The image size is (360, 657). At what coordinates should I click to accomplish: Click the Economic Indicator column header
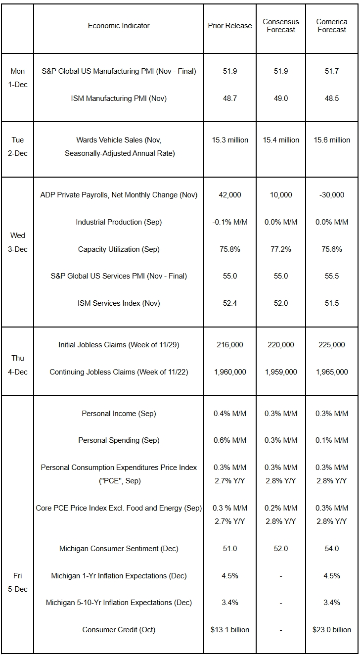(119, 26)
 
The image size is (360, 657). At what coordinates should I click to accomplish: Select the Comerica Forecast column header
(332, 26)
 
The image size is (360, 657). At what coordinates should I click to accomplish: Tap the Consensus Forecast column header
(281, 26)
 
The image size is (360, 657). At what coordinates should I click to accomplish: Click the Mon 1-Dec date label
(18, 78)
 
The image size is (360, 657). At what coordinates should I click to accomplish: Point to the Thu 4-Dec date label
(18, 365)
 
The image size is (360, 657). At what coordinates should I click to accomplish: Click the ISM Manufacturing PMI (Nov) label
(119, 98)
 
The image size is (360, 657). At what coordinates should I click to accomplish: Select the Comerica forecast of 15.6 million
(332, 140)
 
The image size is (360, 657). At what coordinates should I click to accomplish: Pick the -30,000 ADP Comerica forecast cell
(332, 195)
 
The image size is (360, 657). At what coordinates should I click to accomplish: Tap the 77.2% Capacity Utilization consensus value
(281, 249)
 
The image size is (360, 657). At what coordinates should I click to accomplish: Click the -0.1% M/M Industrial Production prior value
(230, 222)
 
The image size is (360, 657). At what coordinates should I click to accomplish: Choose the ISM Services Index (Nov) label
(119, 303)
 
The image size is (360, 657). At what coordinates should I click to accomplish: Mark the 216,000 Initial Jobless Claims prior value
(230, 345)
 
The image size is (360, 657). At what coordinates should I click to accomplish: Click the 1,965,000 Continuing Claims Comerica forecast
(332, 372)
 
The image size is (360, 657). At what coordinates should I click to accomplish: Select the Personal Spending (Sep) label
(119, 440)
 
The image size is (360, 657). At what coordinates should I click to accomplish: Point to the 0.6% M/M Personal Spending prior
(230, 440)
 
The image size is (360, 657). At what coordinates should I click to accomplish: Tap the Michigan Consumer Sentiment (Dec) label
(119, 549)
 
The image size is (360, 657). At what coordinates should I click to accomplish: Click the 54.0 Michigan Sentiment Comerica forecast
(332, 549)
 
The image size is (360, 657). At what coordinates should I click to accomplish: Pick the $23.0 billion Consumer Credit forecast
(332, 630)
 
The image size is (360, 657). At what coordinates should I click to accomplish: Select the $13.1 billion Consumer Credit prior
(230, 630)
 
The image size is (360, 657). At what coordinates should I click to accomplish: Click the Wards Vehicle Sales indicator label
(119, 146)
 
